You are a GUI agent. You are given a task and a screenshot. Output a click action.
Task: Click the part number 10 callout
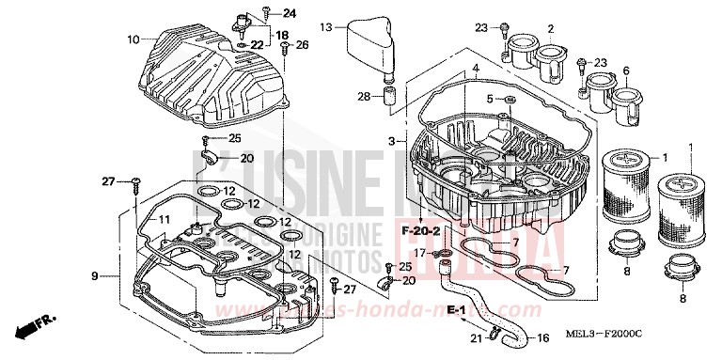(x=133, y=39)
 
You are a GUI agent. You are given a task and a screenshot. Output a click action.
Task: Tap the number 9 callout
(x=95, y=275)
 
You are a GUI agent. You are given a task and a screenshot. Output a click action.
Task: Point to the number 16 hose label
(x=542, y=338)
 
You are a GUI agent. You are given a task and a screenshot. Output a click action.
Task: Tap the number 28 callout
(x=364, y=96)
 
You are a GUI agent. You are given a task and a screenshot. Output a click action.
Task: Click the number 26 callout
(x=302, y=44)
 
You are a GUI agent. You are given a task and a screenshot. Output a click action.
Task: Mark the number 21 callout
(x=476, y=338)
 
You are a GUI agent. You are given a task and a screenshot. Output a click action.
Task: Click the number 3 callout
(x=392, y=141)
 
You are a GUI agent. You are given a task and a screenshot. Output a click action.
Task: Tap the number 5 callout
(x=489, y=99)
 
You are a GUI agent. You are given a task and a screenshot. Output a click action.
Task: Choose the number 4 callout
(x=476, y=69)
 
